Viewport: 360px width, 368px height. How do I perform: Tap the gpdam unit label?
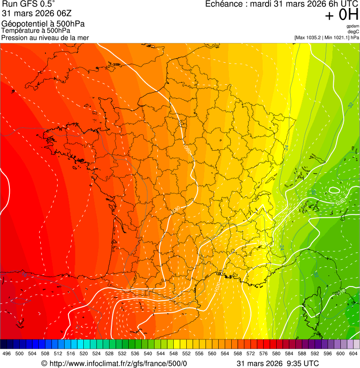[353, 26]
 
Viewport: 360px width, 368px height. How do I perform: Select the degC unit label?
[353, 32]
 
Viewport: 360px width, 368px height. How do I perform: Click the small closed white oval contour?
[334, 190]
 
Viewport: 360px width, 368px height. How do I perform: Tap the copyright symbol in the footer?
[44, 363]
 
